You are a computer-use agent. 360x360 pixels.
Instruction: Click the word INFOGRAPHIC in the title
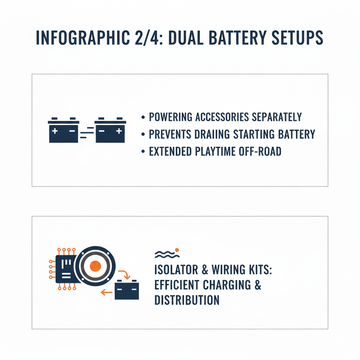(83, 38)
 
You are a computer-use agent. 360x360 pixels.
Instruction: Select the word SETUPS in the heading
(297, 38)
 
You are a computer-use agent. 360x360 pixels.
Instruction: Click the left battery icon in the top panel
(64, 130)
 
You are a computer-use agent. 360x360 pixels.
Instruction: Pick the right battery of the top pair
(110, 130)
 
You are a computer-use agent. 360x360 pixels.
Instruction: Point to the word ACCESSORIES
(222, 117)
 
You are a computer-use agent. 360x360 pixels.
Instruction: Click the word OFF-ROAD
(260, 152)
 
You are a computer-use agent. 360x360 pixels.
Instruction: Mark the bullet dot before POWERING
(143, 117)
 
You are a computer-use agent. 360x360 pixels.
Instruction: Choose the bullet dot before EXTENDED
(143, 152)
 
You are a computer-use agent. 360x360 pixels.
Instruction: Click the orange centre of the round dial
(95, 266)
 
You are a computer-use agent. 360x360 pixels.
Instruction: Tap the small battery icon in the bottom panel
(127, 289)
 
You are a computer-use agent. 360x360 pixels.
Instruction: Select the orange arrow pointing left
(106, 292)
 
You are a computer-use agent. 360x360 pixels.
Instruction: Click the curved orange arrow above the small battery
(125, 274)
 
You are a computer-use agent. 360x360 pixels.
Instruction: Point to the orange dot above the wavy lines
(177, 250)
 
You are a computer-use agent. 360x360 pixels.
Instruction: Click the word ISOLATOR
(176, 270)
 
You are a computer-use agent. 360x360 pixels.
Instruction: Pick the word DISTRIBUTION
(187, 300)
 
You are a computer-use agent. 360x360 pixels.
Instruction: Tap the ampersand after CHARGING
(258, 285)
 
